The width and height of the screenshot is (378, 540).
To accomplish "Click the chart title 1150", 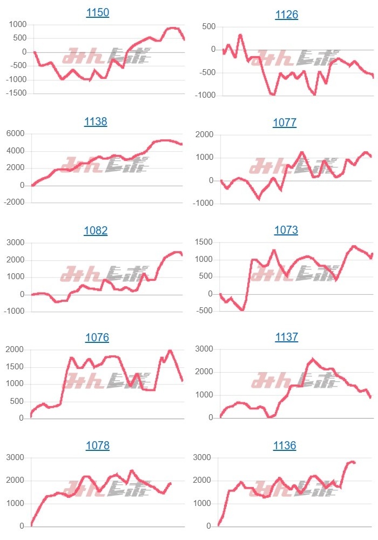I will pos(98,12).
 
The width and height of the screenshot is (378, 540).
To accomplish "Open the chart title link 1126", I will pos(287,15).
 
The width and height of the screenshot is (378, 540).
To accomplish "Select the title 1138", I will pos(96,122).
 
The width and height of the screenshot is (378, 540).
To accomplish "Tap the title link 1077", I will pos(285,123).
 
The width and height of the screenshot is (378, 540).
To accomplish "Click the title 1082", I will pos(96,231).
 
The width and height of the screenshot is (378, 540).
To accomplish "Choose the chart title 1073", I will pos(286,230).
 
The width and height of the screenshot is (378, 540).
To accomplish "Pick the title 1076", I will pos(97,337).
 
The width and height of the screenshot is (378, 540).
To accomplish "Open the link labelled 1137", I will pos(286,337).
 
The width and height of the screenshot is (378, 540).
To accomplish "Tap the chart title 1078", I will pos(97,446).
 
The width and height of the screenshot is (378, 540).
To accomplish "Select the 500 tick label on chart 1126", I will pos(208,26).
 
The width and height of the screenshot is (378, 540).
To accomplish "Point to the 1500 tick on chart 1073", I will pos(203,242).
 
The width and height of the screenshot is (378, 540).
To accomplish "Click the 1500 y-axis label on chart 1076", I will pos(15,367).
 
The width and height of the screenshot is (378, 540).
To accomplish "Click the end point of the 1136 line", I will pos(354,463).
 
